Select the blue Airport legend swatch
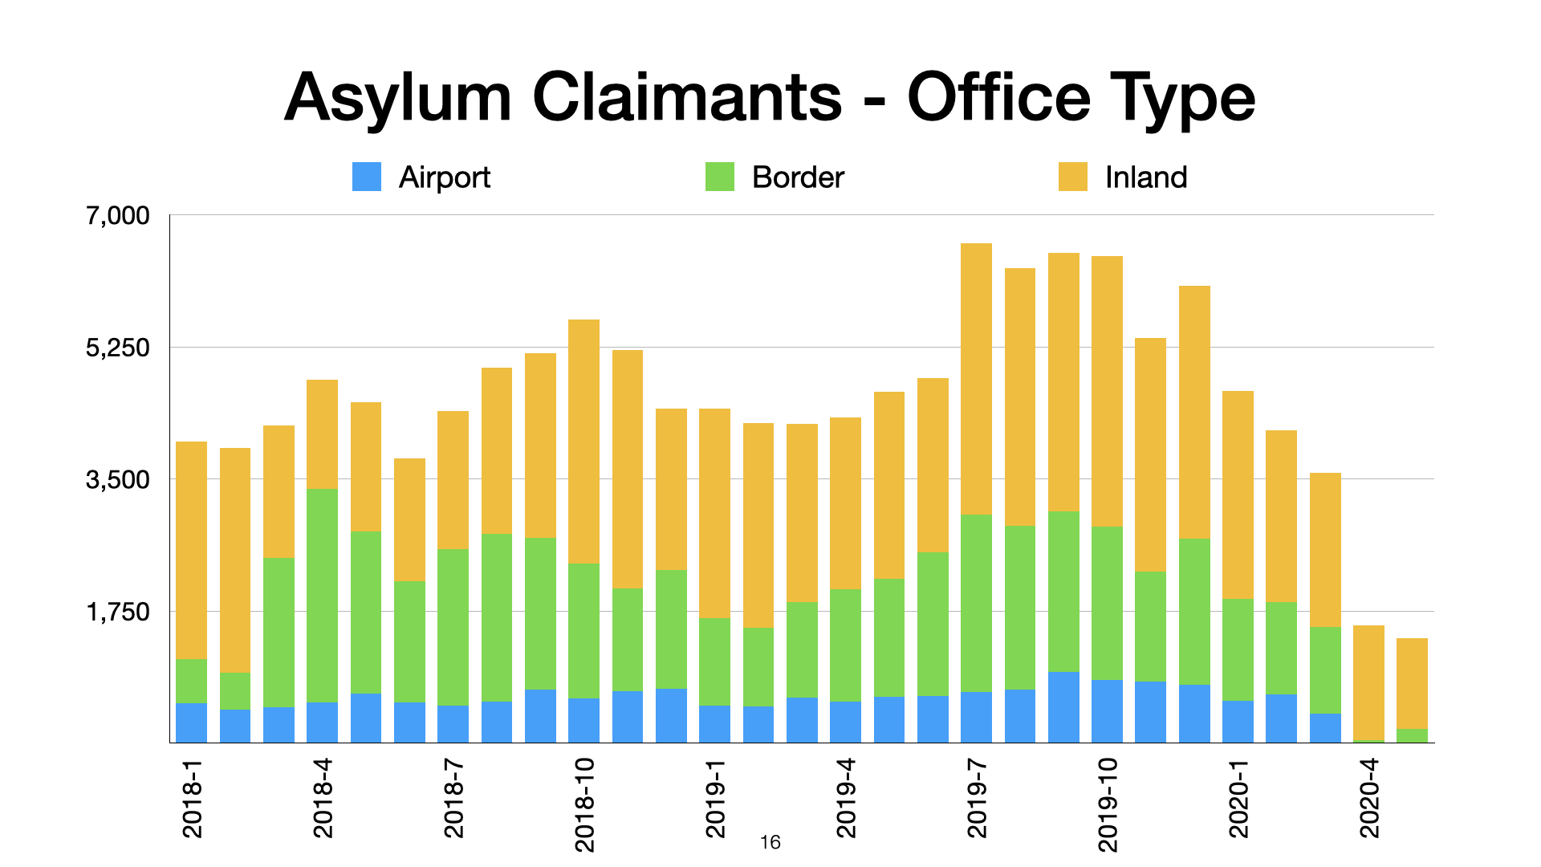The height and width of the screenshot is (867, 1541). tap(367, 177)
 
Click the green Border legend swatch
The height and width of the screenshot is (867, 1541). tap(720, 177)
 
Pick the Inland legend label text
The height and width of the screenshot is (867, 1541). tap(1145, 177)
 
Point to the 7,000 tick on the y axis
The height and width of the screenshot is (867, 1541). tap(118, 216)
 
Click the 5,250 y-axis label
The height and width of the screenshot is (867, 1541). tap(118, 348)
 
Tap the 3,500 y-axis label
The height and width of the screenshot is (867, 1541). tap(118, 480)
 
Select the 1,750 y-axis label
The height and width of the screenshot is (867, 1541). tap(118, 612)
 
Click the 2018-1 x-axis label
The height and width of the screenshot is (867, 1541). tap(193, 799)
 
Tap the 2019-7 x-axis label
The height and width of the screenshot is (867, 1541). tap(977, 799)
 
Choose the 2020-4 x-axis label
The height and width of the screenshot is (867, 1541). tap(1369, 799)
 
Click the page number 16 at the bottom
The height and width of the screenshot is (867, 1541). tap(770, 842)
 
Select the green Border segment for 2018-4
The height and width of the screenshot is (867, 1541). tap(322, 595)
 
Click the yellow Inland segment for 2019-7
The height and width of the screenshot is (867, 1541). tap(976, 379)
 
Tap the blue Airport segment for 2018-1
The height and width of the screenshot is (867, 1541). tap(192, 722)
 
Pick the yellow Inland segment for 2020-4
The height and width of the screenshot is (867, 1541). tap(1368, 682)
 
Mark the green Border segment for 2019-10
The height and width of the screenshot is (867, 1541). tap(1107, 603)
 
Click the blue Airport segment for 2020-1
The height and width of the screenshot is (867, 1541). tap(1238, 722)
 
